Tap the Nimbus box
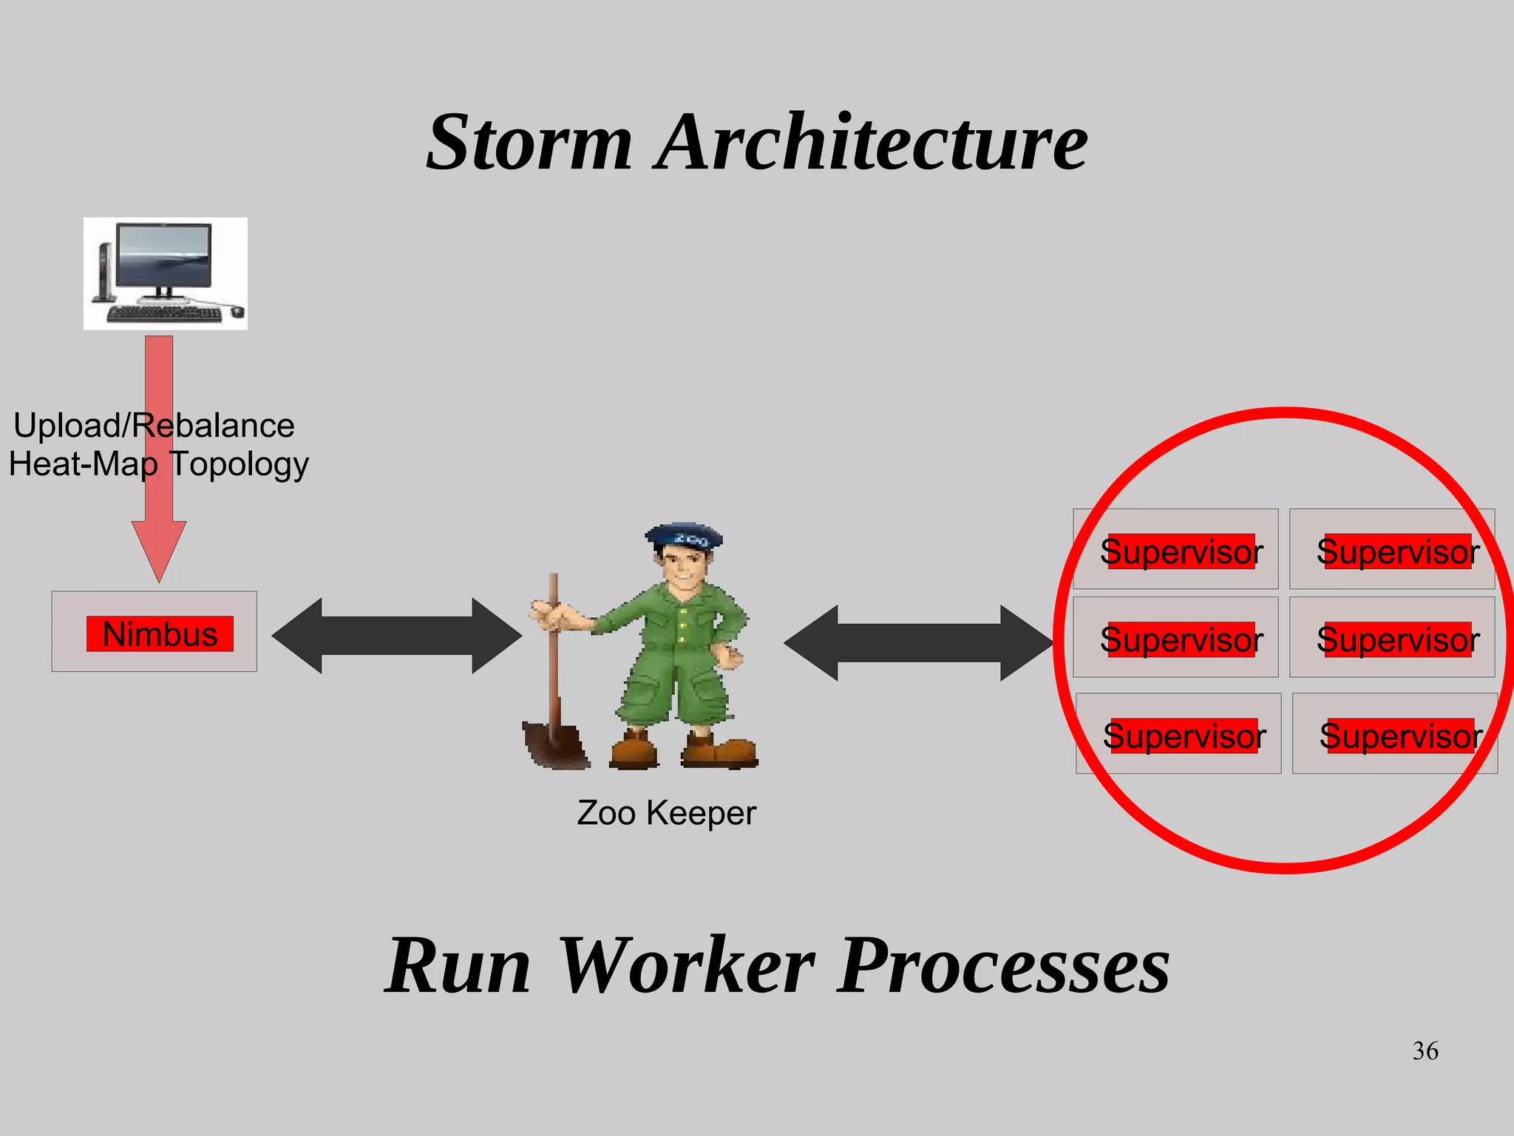[x=155, y=632]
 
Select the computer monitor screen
[x=165, y=255]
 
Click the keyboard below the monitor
[x=164, y=314]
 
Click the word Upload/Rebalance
[x=154, y=425]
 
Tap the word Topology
[x=239, y=465]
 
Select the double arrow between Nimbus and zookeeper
[x=397, y=636]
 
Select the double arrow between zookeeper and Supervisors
[x=918, y=642]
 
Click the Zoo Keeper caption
[x=666, y=813]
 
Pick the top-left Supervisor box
[x=1175, y=549]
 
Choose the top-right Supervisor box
[x=1392, y=549]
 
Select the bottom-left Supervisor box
[x=1178, y=734]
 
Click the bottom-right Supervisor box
[x=1395, y=734]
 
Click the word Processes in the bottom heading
[x=1004, y=965]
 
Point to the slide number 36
[x=1425, y=1050]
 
